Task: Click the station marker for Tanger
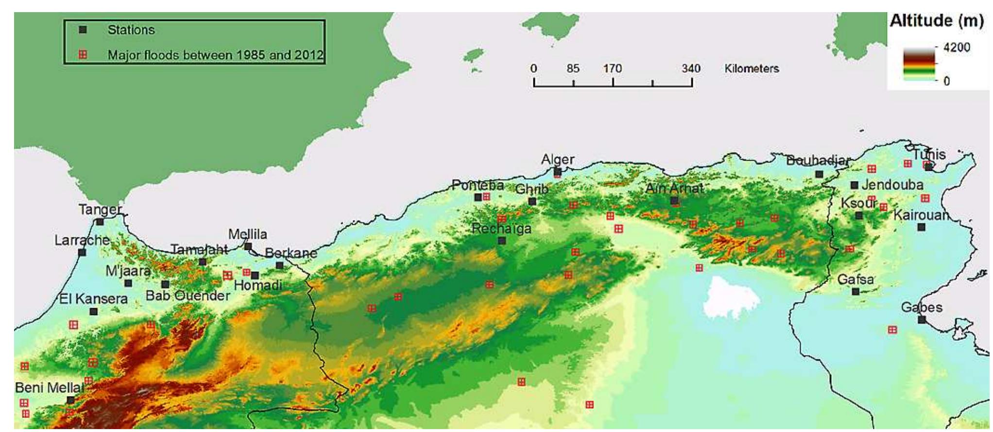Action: coord(100,222)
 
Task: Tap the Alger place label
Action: coord(558,160)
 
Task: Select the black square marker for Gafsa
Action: coord(856,292)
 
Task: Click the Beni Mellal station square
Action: coord(71,400)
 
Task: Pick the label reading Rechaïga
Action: coord(502,229)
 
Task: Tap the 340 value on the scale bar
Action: coord(691,68)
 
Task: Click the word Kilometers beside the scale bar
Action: coord(752,68)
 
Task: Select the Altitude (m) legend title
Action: coord(937,21)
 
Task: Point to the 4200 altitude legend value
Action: coord(957,48)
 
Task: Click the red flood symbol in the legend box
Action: coord(83,54)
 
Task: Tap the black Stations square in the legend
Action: coord(83,30)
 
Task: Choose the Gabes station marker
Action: coord(922,320)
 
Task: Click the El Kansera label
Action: coord(93,299)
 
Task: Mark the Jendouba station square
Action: coord(855,185)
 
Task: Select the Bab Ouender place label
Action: coord(188,296)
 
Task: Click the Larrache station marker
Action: coord(82,252)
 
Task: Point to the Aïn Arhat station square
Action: coord(674,200)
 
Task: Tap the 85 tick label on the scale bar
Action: coord(573,68)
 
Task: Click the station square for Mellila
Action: coord(248,247)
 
